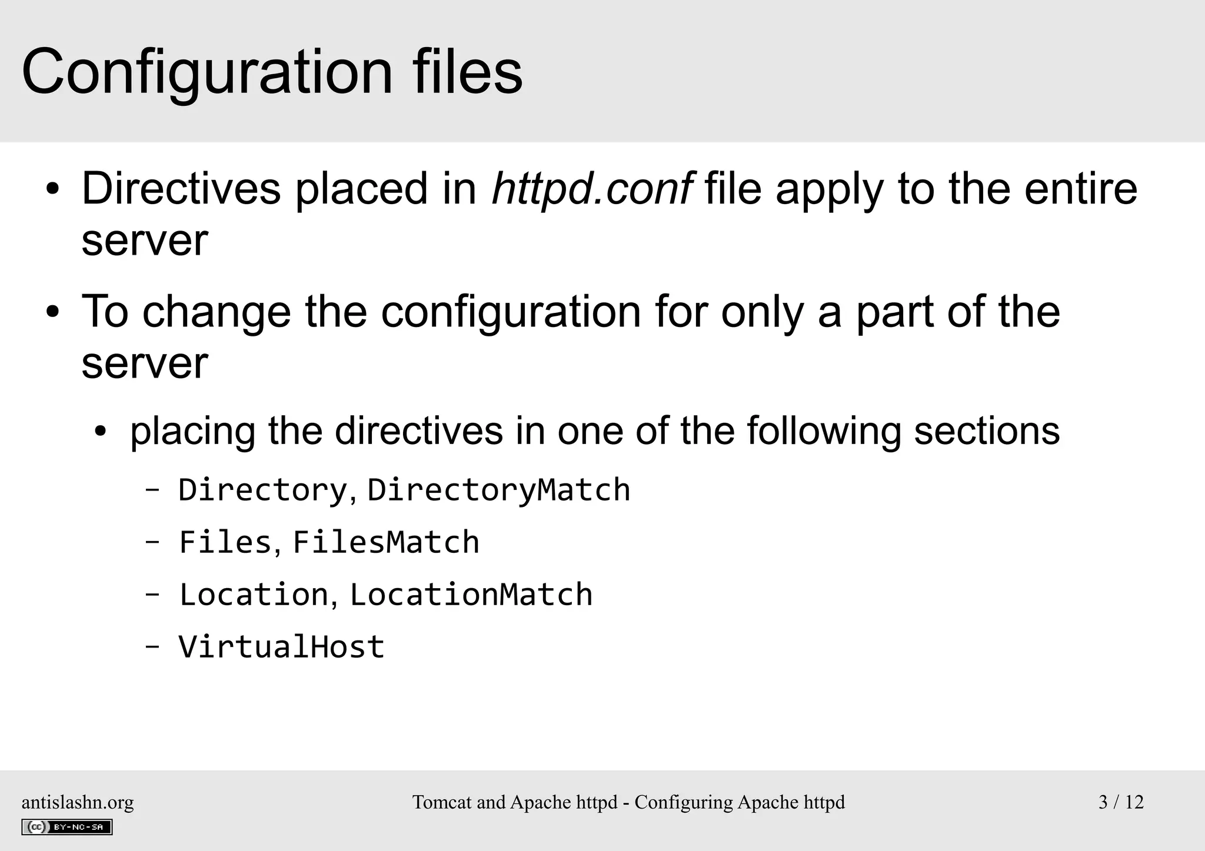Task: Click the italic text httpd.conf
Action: [x=592, y=189]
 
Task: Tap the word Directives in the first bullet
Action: [x=181, y=189]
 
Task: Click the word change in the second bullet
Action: [x=217, y=312]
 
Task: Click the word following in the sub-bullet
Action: [x=824, y=430]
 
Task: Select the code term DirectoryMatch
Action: [x=498, y=490]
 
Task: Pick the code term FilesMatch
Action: [x=385, y=542]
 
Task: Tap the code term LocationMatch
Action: [x=471, y=595]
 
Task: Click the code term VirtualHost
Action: [x=281, y=647]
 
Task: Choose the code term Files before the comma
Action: [x=225, y=542]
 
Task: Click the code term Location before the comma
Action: [x=254, y=595]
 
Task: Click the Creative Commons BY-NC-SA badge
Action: [x=67, y=827]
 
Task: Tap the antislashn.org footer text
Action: [x=78, y=802]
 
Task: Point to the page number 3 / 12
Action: [x=1121, y=802]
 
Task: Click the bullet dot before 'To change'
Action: [x=53, y=312]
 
